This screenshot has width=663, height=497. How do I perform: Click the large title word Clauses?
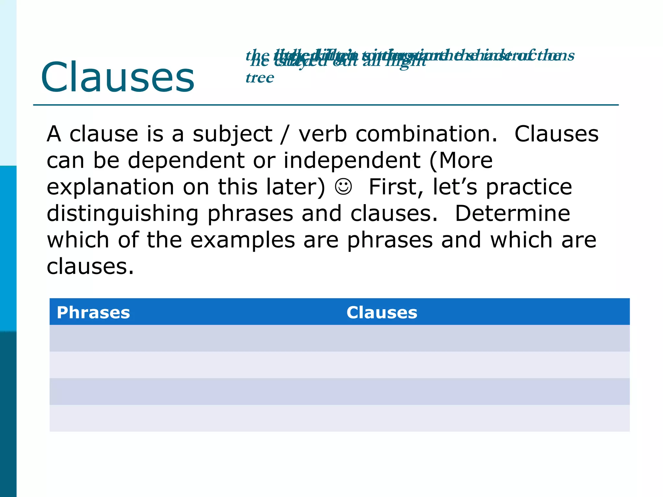pyautogui.click(x=118, y=78)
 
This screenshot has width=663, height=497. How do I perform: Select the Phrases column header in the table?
pyautogui.click(x=93, y=313)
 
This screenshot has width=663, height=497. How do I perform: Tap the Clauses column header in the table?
pyautogui.click(x=382, y=313)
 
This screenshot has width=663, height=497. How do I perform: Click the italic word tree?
pyautogui.click(x=260, y=78)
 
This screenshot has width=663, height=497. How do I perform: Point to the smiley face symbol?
pyautogui.click(x=343, y=187)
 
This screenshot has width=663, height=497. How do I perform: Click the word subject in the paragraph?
pyautogui.click(x=232, y=134)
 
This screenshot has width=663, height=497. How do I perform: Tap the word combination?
pyautogui.click(x=426, y=134)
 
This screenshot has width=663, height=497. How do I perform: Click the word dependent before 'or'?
pyautogui.click(x=186, y=161)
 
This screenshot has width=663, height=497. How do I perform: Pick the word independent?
pyautogui.click(x=352, y=161)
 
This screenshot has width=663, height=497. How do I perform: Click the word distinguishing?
pyautogui.click(x=123, y=214)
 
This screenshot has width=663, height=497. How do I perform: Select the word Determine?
pyautogui.click(x=512, y=213)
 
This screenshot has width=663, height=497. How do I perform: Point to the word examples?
pyautogui.click(x=242, y=240)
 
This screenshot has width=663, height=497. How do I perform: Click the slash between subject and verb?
pyautogui.click(x=285, y=134)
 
